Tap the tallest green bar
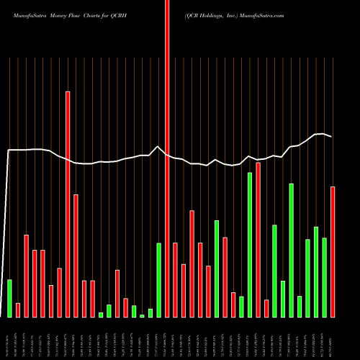250,245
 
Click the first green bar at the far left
9,298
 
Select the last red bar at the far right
333,251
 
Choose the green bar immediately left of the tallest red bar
158,280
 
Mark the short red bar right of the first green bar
18,310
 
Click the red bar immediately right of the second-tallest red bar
76,256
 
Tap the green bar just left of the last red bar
324,277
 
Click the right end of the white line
332,137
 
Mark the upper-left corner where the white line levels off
9,150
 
